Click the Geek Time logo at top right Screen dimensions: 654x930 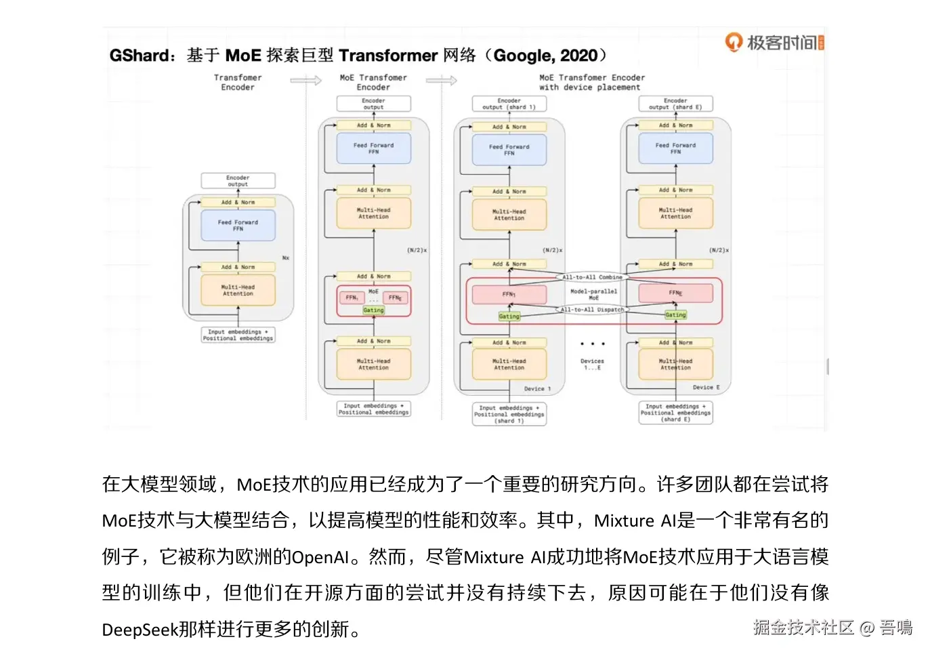coord(774,43)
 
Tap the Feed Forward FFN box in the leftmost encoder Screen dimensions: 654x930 coord(238,226)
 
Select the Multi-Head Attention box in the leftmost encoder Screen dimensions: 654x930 coord(238,291)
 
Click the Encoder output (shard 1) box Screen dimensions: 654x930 coord(509,104)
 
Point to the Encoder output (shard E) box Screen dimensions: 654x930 coord(675,104)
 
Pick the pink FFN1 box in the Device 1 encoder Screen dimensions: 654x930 coord(509,294)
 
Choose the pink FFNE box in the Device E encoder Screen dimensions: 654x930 coord(675,293)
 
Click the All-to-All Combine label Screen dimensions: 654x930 coord(592,277)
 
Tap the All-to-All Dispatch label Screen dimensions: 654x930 coord(592,310)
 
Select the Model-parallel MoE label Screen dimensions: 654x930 coord(593,294)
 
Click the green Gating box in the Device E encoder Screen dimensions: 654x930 coord(675,314)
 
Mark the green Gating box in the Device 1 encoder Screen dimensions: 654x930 coord(509,316)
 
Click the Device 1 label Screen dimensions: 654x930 coord(537,389)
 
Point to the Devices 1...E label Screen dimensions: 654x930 coord(592,364)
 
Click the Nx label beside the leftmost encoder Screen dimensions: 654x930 coord(286,258)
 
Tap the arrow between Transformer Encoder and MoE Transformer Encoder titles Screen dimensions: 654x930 coord(306,81)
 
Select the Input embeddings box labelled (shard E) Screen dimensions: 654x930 coord(675,413)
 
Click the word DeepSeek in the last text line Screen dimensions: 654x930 coord(140,630)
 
